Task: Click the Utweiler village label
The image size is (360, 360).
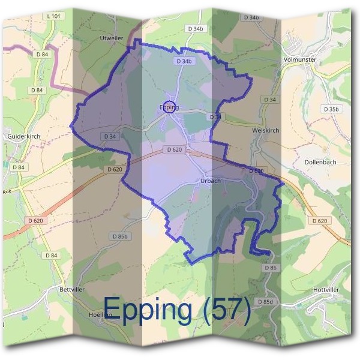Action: coord(112,38)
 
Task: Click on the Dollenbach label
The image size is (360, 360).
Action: coord(320,162)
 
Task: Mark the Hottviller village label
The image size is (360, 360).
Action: coord(326,289)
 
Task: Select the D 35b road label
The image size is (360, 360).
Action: coord(330,109)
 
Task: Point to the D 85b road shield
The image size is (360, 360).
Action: coord(120,236)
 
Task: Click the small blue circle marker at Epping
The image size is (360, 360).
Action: coord(170,107)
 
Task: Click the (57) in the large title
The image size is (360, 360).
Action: coord(226,310)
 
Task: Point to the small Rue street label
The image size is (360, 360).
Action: coord(7,191)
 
